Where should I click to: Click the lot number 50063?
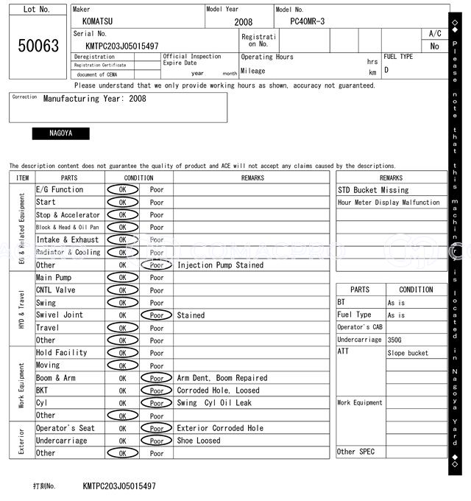(38, 46)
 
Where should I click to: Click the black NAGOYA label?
(60, 133)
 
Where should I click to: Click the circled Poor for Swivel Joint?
(157, 315)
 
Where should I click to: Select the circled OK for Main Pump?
(122, 278)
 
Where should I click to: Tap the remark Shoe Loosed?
(199, 441)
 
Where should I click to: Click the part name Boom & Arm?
(56, 378)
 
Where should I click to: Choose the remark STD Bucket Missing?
(373, 190)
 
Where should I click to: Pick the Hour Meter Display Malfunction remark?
(389, 203)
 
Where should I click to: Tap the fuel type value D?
(386, 71)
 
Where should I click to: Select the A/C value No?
(435, 46)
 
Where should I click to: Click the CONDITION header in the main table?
(138, 178)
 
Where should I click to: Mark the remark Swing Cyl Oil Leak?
(214, 403)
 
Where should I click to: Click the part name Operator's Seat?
(65, 428)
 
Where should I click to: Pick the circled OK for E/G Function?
(122, 190)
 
